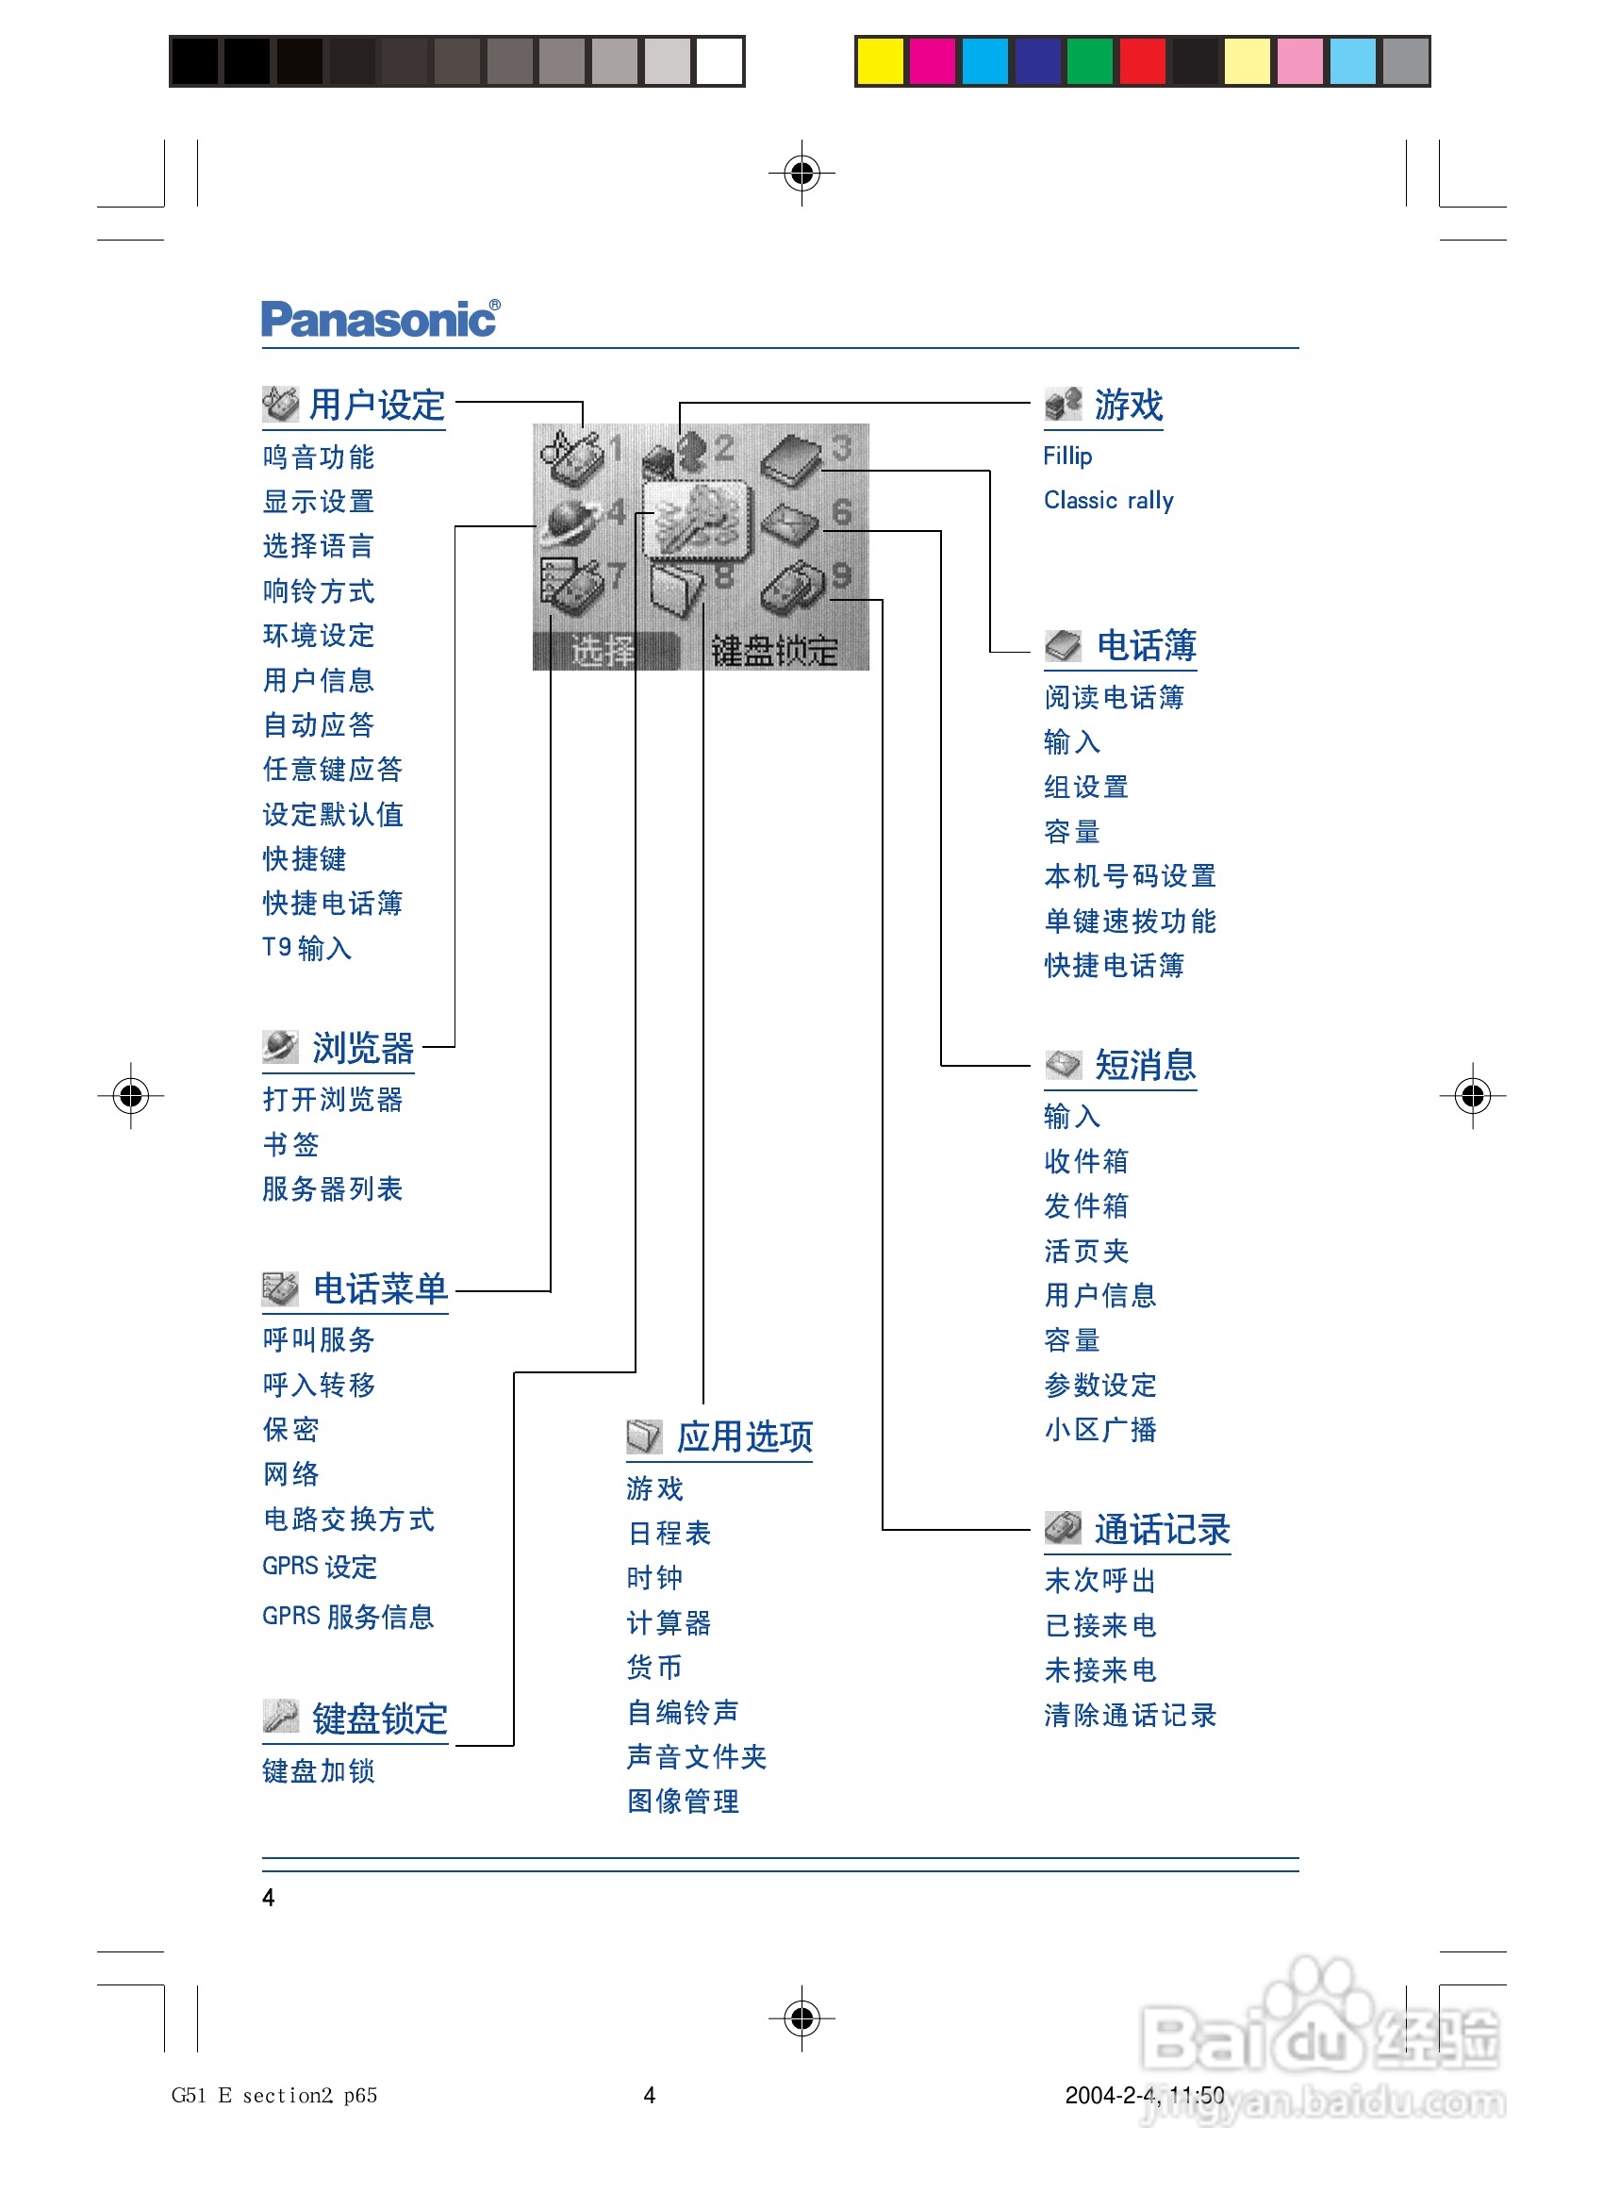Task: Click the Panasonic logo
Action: point(379,319)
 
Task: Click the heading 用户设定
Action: point(376,406)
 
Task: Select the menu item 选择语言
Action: point(319,546)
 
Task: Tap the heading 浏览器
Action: point(362,1048)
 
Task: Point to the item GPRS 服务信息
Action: point(347,1617)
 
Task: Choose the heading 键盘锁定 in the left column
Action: point(379,1719)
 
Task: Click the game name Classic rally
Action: point(1108,501)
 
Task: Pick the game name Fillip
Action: point(1067,457)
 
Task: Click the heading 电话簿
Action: point(1146,645)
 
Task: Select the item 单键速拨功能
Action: point(1130,921)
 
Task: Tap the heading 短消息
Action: point(1145,1066)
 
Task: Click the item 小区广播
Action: point(1100,1429)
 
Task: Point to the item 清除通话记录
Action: point(1130,1715)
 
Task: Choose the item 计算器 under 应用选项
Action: point(669,1622)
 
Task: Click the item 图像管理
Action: point(683,1801)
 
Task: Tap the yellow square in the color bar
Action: point(880,61)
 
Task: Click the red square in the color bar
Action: point(1142,61)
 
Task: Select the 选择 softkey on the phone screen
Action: point(603,650)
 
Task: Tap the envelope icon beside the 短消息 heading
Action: point(1063,1065)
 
